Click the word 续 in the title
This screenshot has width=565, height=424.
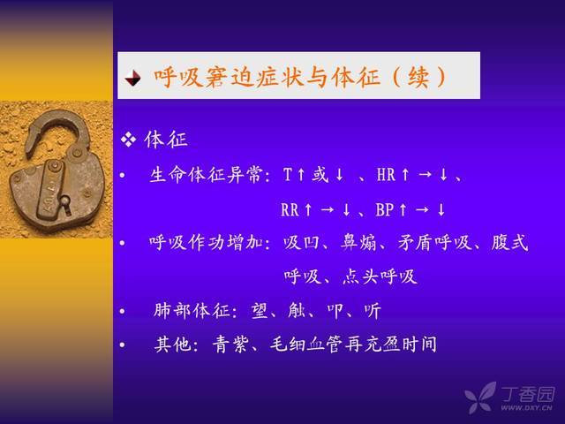(x=418, y=77)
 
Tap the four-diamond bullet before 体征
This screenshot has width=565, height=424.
(x=129, y=140)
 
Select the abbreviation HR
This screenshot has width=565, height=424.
(x=386, y=175)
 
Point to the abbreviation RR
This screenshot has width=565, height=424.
(x=290, y=209)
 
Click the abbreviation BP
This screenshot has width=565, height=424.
(x=384, y=209)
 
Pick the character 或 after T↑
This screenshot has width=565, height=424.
(x=320, y=175)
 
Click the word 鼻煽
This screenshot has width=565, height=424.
(x=358, y=242)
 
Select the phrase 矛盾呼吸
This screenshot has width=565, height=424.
(x=435, y=242)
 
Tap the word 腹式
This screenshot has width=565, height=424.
(x=509, y=242)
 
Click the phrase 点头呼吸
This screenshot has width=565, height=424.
(x=380, y=276)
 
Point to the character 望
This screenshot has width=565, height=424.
(x=260, y=310)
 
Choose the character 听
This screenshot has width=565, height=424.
(x=372, y=310)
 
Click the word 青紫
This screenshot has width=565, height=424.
(x=230, y=344)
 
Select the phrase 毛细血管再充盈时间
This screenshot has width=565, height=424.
(x=353, y=344)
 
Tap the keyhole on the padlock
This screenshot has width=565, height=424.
(x=65, y=202)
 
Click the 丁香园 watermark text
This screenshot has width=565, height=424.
(x=528, y=395)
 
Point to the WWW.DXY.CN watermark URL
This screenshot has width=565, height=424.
(x=526, y=408)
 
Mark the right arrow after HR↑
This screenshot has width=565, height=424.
(x=426, y=175)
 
